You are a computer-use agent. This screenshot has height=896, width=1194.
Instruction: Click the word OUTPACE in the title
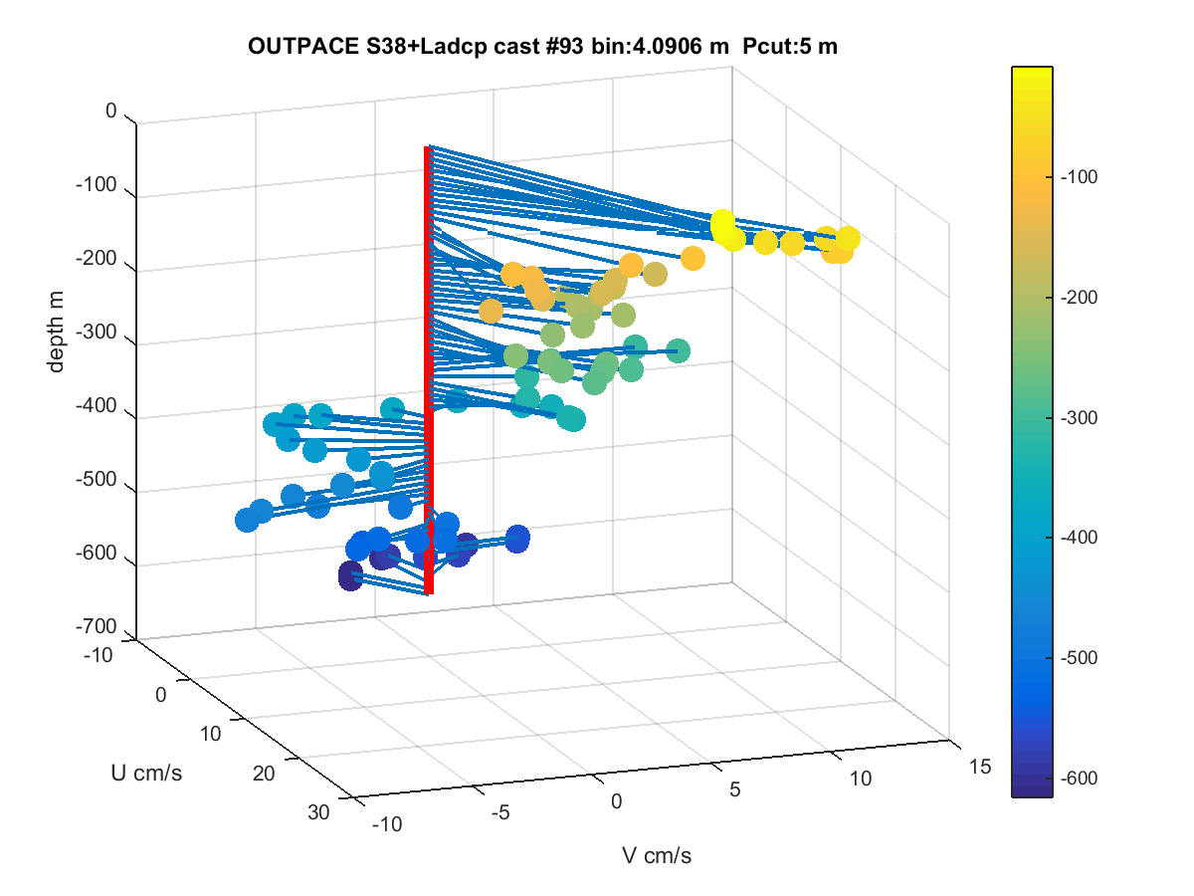tap(303, 46)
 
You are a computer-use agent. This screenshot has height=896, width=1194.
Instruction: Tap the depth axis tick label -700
tap(96, 625)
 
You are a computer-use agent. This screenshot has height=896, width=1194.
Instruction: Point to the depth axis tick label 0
tap(111, 111)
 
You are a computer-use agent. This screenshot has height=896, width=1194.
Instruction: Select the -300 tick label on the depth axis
tap(96, 332)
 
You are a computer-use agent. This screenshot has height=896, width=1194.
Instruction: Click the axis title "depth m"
tap(56, 332)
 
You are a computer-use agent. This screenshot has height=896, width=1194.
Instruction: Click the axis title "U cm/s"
tap(146, 774)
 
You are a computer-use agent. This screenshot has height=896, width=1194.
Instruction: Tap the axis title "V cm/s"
tap(657, 856)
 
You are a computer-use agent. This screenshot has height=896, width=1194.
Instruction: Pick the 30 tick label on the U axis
tap(318, 812)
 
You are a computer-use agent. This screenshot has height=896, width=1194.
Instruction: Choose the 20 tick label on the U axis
tap(264, 774)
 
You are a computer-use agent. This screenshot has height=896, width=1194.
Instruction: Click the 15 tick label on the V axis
tap(980, 767)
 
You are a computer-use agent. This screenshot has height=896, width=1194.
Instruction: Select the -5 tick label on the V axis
tap(500, 812)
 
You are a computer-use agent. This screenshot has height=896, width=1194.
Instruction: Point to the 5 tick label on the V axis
tap(735, 789)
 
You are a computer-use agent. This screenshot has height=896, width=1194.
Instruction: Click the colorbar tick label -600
tap(1080, 778)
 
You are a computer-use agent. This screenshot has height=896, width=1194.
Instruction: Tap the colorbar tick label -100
tap(1080, 177)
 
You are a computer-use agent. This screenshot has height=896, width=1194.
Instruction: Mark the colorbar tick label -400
tap(1080, 538)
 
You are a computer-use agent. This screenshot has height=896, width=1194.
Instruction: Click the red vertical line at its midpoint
tap(429, 370)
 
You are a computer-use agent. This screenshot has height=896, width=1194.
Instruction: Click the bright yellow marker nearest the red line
tap(722, 224)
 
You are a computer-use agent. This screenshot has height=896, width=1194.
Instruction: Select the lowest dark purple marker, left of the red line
tap(350, 575)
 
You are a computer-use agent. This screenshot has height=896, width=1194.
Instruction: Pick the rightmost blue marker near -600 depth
tap(517, 540)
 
